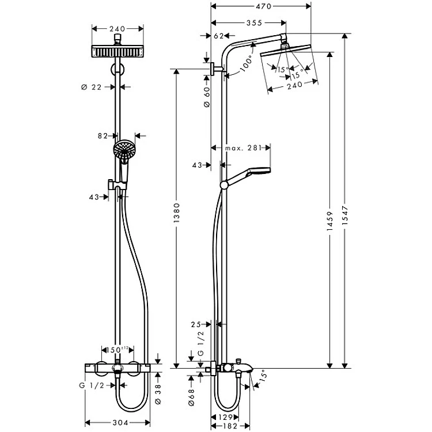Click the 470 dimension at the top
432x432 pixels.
[x=263, y=6]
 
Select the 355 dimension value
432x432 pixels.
[x=254, y=23]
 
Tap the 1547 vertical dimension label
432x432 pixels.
[x=345, y=215]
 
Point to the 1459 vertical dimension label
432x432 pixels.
[x=330, y=221]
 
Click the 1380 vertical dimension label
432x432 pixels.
[x=177, y=213]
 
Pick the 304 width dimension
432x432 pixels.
[x=121, y=422]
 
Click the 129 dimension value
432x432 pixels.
[x=225, y=417]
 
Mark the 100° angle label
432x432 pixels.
[x=247, y=64]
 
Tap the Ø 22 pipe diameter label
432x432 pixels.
[x=92, y=87]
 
